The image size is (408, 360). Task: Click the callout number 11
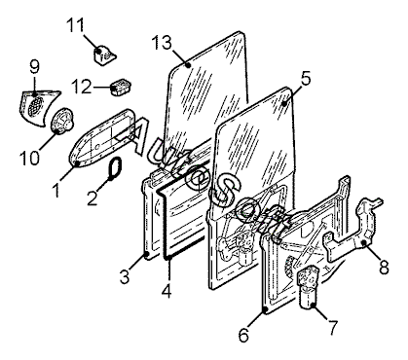[x=76, y=25]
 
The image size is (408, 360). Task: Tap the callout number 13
[x=162, y=43]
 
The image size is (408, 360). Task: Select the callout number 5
[x=306, y=79]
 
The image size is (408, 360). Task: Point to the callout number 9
[x=34, y=67]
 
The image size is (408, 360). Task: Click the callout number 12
[x=82, y=87]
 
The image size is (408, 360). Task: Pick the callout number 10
[x=29, y=158]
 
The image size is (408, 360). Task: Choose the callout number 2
[x=93, y=198]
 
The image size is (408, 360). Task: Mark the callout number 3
[x=125, y=276]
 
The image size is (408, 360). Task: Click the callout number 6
[x=244, y=335]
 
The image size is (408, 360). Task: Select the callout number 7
[x=333, y=328]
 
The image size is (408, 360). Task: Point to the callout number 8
[x=384, y=268]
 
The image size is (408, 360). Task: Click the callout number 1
[x=56, y=190]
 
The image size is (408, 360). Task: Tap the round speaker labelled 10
[x=62, y=121]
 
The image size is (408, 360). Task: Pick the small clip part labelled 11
[x=104, y=55]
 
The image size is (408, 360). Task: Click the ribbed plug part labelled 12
[x=121, y=87]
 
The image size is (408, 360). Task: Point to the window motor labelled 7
[x=308, y=286]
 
